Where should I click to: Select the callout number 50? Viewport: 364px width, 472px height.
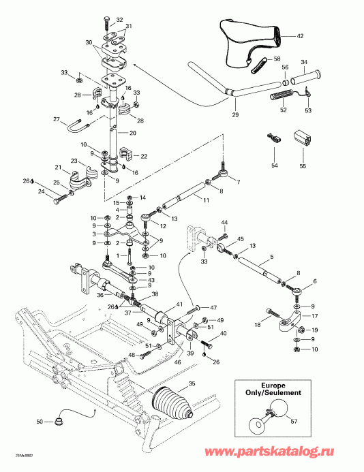(x=40, y=422)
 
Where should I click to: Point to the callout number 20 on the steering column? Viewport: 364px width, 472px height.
(x=132, y=132)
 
